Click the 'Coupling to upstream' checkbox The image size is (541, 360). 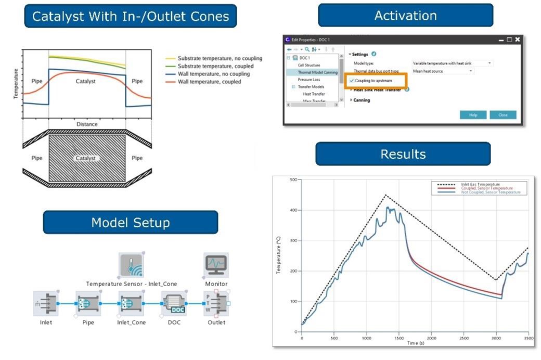(352, 81)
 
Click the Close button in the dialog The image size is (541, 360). (503, 115)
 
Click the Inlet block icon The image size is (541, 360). (46, 303)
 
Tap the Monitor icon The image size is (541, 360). (216, 265)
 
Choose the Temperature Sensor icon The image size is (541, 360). (131, 265)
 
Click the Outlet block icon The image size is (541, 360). (216, 303)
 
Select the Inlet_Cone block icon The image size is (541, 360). (131, 303)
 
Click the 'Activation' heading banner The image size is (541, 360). (405, 15)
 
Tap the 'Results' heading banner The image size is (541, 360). (403, 154)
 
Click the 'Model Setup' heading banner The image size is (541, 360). (130, 223)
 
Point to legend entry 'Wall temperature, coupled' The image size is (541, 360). (209, 82)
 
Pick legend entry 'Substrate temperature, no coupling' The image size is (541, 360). (220, 58)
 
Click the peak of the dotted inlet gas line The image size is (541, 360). (385, 195)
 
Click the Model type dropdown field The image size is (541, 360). (452, 63)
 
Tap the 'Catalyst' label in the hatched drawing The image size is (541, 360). (86, 158)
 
